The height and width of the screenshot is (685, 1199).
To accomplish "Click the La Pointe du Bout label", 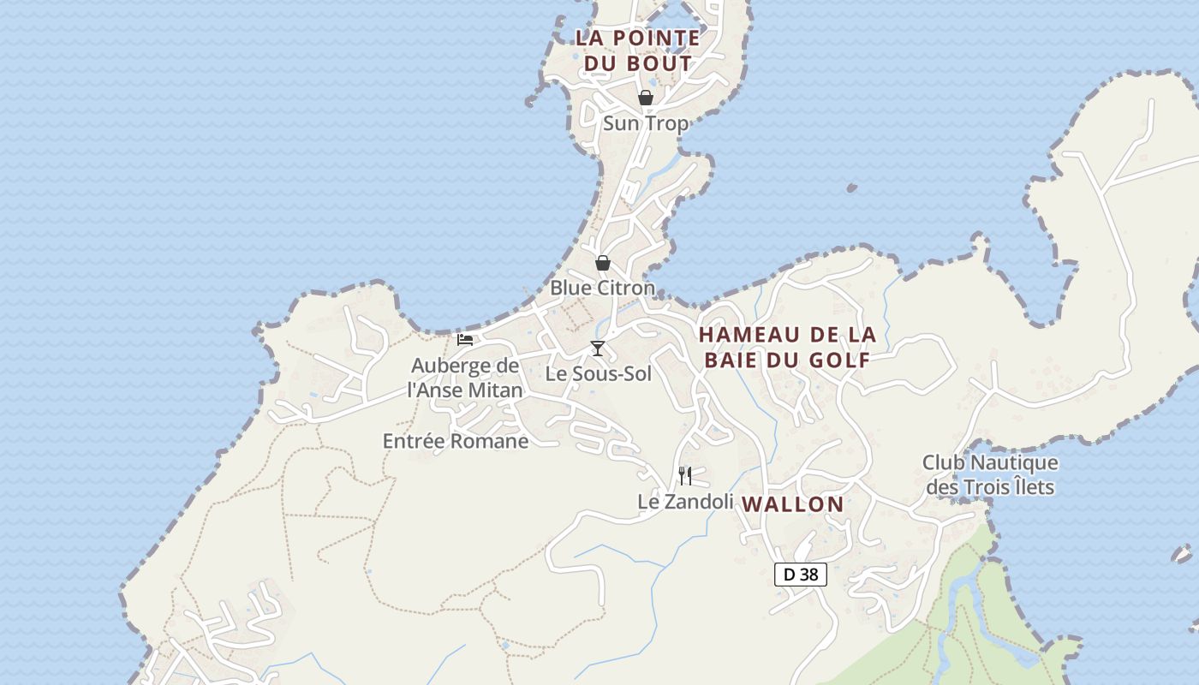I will pos(636,51).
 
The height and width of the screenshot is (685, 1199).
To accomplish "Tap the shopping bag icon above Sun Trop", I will pos(646,98).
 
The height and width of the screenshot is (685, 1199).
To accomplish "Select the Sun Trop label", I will pos(646,123).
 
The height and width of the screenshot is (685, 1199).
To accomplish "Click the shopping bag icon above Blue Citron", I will pos(603,263).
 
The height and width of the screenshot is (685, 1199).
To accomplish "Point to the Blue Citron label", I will pos(602,288).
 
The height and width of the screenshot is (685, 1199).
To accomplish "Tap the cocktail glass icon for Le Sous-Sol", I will pos(598,348).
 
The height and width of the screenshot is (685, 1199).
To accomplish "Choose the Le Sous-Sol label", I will pos(599,374).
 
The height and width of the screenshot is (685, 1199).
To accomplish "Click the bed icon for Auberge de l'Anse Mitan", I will pos(465,340).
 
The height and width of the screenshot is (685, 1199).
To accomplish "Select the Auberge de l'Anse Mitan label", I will pos(465,378).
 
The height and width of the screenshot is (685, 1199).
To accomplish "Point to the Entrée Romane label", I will pos(456,441).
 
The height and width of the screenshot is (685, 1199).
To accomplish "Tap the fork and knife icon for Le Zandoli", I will pos(685,475).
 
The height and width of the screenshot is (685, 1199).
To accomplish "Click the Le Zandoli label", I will pos(685,502).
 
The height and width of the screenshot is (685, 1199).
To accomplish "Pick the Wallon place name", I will pos(793,504).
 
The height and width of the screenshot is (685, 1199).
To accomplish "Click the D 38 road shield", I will pos(801,575).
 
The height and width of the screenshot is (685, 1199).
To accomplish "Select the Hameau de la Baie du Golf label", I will pos(787,347).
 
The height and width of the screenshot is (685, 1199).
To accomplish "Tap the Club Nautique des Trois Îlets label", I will pos(990,475).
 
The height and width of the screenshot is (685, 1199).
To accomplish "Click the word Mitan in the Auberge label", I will pos(492,390).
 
